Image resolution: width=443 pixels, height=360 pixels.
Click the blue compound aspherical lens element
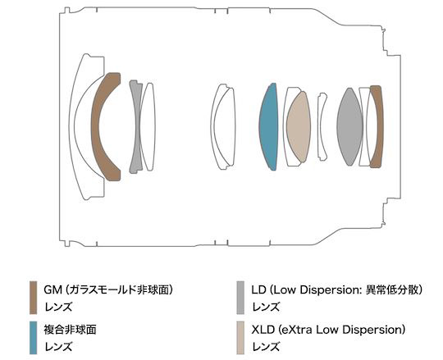click(x=269, y=127)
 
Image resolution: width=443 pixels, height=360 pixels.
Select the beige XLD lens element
click(x=299, y=127)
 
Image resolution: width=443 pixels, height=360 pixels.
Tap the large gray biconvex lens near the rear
click(x=349, y=127)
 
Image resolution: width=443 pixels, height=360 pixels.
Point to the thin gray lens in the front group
click(x=135, y=127)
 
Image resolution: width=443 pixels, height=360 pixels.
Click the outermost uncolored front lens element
click(x=72, y=127)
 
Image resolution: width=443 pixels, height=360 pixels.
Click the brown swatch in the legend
click(x=34, y=298)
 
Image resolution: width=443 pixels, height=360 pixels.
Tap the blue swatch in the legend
click(x=34, y=338)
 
